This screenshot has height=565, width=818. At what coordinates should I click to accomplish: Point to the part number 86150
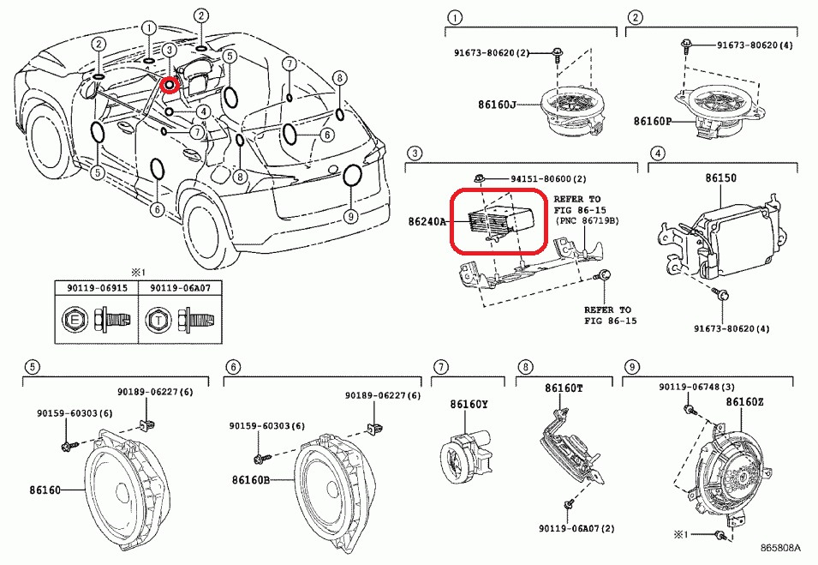pyautogui.click(x=720, y=178)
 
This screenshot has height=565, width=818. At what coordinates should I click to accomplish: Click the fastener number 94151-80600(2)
pyautogui.click(x=548, y=178)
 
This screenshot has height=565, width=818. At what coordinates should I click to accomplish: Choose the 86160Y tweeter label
pyautogui.click(x=469, y=404)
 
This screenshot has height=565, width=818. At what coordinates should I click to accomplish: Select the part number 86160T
pyautogui.click(x=564, y=388)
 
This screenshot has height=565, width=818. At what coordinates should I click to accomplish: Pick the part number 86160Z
pyautogui.click(x=744, y=401)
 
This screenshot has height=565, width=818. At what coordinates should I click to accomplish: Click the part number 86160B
pyautogui.click(x=250, y=480)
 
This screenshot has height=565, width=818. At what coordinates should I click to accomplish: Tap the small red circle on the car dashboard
pyautogui.click(x=170, y=85)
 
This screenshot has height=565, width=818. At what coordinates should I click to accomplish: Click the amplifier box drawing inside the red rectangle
pyautogui.click(x=505, y=219)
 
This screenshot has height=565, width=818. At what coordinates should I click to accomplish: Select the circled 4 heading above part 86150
pyautogui.click(x=658, y=153)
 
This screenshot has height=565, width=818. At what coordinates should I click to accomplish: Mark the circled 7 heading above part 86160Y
pyautogui.click(x=439, y=367)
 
